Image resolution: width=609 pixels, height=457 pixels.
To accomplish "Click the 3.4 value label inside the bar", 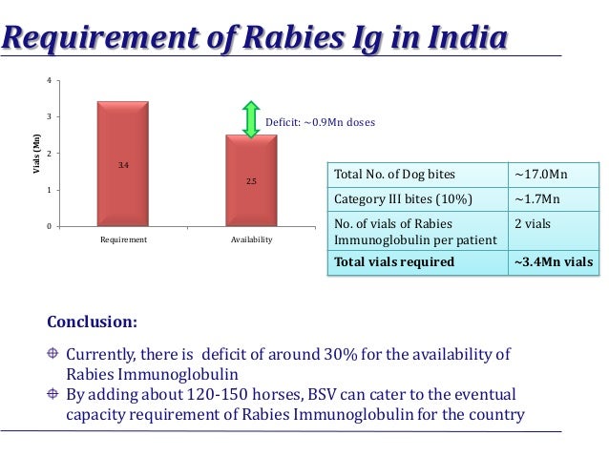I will point(123,166).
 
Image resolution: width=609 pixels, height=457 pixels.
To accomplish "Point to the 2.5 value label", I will point(251,180).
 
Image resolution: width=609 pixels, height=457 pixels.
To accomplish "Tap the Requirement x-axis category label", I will point(123,240).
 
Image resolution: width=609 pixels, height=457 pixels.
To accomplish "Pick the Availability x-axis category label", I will point(251,240).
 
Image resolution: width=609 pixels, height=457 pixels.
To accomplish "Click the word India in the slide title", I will point(460,39).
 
